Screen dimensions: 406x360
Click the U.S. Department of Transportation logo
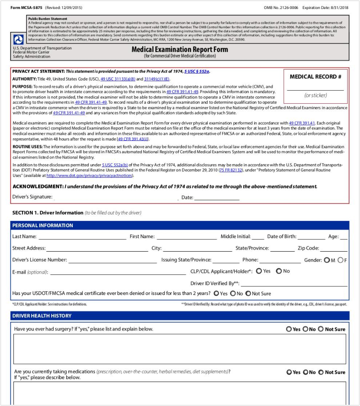pyautogui.click(x=18, y=40)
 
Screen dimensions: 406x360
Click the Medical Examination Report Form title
pyautogui.click(x=180, y=49)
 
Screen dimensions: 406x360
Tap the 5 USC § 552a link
pyautogui.click(x=197, y=71)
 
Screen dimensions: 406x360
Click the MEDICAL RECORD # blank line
pyautogui.click(x=315, y=88)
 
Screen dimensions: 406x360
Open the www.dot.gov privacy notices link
pyautogui.click(x=89, y=176)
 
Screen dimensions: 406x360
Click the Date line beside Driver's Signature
pyautogui.click(x=217, y=198)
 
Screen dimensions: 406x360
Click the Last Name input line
pyautogui.click(x=82, y=237)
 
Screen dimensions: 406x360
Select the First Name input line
pyautogui.click(x=186, y=237)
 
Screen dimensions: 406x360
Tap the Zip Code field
pyautogui.click(x=334, y=249)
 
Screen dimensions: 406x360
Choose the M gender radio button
pyautogui.click(x=327, y=260)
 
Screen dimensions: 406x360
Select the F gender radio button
pyautogui.click(x=340, y=260)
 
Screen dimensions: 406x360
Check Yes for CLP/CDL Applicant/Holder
pyautogui.click(x=259, y=271)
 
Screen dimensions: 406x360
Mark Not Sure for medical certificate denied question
pyautogui.click(x=248, y=294)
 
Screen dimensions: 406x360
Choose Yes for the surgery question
pyautogui.click(x=289, y=329)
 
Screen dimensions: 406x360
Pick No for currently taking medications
pyautogui.click(x=305, y=372)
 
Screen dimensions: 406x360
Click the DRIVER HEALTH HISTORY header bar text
pyautogui.click(x=42, y=316)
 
